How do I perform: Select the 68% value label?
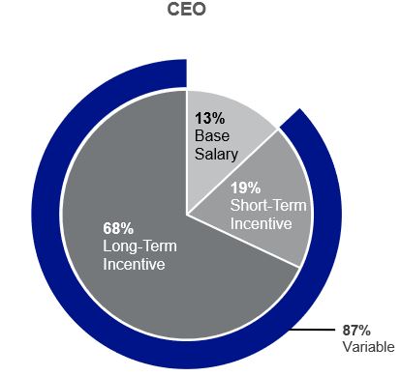117,230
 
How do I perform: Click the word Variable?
368,346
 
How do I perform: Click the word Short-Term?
262,206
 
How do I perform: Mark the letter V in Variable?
347,346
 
